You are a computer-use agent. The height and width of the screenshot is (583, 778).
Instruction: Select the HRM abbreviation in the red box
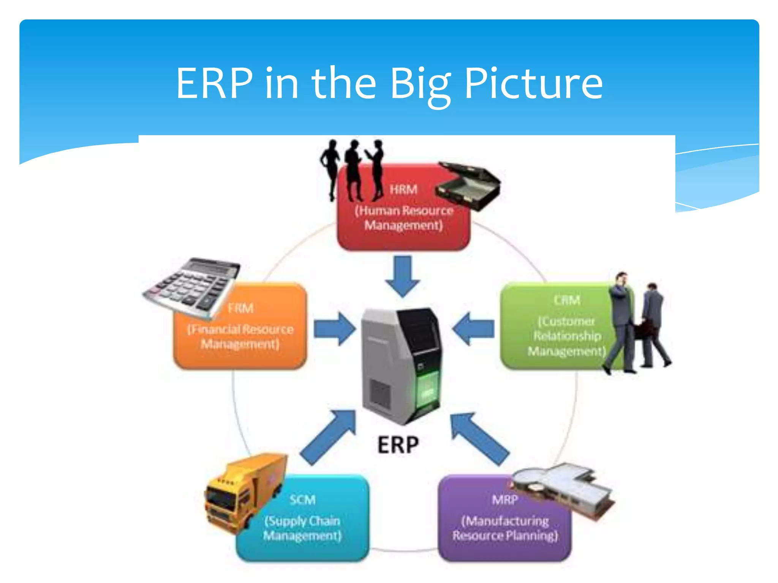403,189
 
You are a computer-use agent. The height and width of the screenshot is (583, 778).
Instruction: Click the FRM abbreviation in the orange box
240,308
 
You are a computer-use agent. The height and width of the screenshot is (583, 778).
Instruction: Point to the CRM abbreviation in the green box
567,300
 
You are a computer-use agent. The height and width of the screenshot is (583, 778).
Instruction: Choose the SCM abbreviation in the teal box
302,499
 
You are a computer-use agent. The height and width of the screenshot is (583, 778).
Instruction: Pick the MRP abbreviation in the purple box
504,499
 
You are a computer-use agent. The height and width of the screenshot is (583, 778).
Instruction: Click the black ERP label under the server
398,445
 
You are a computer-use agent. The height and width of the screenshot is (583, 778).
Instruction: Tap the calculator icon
192,287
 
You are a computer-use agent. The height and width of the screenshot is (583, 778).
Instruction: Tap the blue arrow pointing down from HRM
403,276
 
